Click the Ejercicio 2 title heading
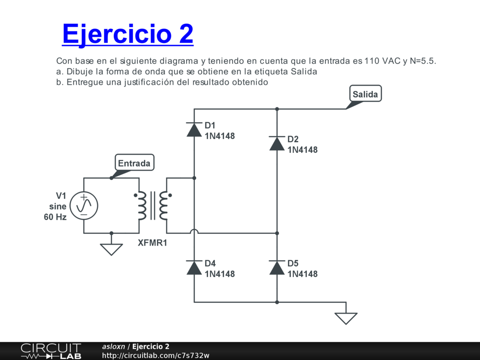click(127, 34)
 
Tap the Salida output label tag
click(365, 94)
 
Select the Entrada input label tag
click(134, 163)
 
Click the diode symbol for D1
click(194, 129)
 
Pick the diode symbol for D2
click(277, 143)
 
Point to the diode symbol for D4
click(194, 267)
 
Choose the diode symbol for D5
click(277, 267)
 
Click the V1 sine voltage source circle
click(84, 205)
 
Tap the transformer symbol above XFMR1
click(153, 205)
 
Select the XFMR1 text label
click(152, 243)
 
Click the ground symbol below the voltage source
click(111, 249)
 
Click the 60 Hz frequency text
click(55, 217)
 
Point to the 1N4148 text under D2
click(302, 150)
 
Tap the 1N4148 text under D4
click(220, 274)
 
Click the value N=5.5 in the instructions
click(426, 61)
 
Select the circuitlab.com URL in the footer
click(156, 355)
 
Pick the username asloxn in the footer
click(113, 346)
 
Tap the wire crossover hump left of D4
click(194, 231)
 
